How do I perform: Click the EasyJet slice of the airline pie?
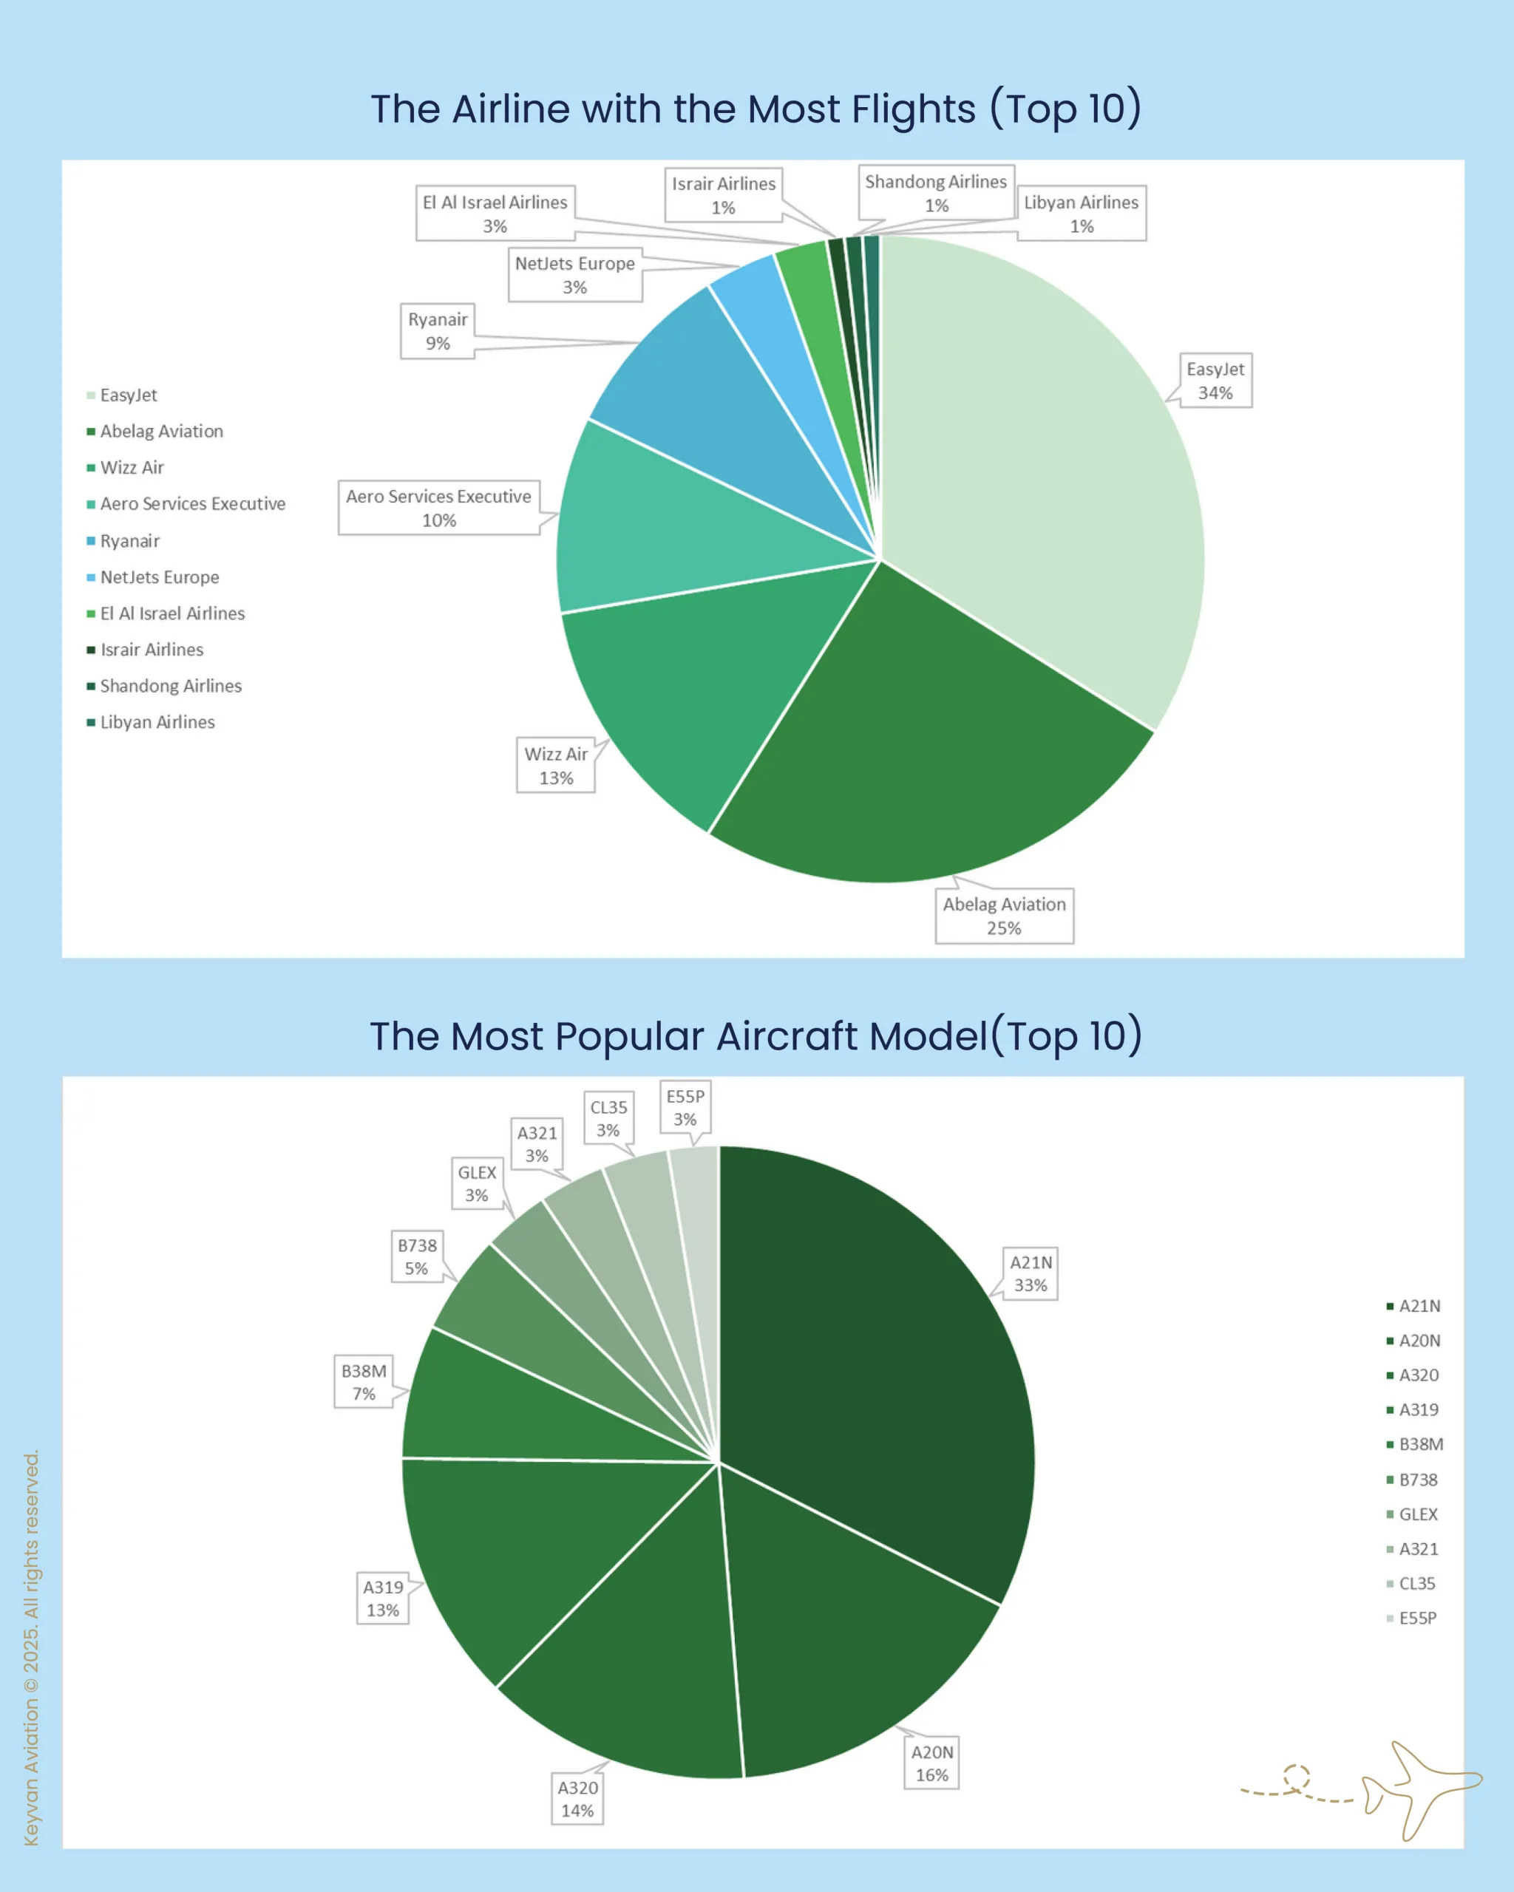click(x=1036, y=465)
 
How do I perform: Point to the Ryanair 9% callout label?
click(x=437, y=331)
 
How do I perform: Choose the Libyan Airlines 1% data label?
click(x=1081, y=214)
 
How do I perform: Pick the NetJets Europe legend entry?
click(x=159, y=576)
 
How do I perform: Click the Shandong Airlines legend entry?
click(x=170, y=685)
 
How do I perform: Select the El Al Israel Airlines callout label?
click(x=495, y=214)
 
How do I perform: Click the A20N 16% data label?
click(x=931, y=1762)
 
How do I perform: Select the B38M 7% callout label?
click(x=364, y=1381)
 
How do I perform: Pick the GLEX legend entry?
click(x=1416, y=1514)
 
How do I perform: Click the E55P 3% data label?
click(x=685, y=1106)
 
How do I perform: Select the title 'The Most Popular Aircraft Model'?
click(x=756, y=1035)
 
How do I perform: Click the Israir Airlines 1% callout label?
click(x=723, y=195)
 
